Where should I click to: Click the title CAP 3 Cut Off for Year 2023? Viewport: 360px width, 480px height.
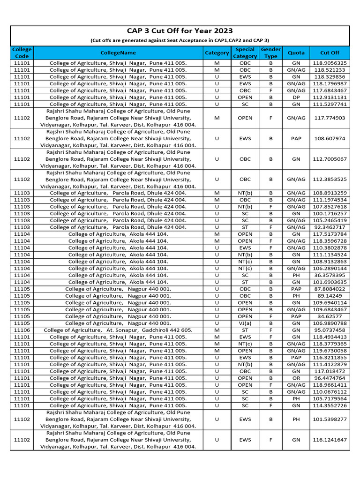click(x=180, y=31)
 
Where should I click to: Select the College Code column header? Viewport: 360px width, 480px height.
click(x=22, y=53)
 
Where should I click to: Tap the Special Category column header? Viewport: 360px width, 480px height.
click(x=245, y=53)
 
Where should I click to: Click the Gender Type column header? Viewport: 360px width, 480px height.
click(x=270, y=53)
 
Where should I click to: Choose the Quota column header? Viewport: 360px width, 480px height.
click(x=296, y=53)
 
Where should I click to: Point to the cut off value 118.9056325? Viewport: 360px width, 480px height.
click(x=330, y=63)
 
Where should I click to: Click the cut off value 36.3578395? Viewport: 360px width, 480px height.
click(x=330, y=275)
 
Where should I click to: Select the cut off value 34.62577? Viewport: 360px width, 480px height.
click(x=330, y=316)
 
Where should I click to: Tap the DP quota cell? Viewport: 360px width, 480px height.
click(x=296, y=97)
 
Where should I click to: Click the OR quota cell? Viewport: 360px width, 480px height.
click(x=296, y=378)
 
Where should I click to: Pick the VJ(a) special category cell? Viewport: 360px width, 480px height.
click(x=245, y=323)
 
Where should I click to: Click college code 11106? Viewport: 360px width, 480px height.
click(x=22, y=330)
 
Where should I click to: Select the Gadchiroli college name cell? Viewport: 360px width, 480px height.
click(x=118, y=330)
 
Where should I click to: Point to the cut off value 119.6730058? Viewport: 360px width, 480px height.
click(x=330, y=351)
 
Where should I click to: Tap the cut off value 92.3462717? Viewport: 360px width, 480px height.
click(x=330, y=227)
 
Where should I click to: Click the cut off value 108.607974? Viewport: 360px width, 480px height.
click(x=330, y=139)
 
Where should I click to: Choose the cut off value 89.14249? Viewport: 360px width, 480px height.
click(x=330, y=296)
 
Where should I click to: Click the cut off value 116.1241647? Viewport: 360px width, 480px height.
click(x=330, y=440)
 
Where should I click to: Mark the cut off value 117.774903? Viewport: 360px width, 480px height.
click(x=330, y=118)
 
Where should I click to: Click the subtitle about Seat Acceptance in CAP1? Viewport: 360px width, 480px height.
click(x=180, y=40)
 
